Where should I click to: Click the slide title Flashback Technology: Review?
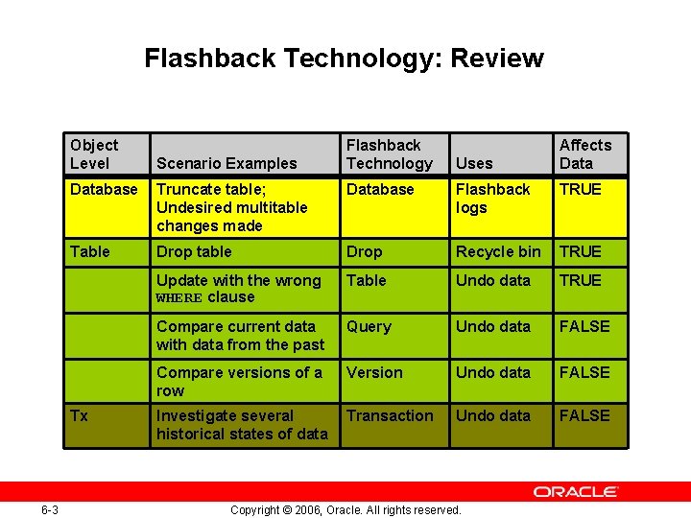tap(344, 59)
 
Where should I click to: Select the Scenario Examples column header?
tap(226, 163)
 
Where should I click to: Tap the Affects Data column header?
tap(584, 153)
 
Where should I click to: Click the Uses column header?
tap(474, 163)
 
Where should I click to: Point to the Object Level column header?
tap(94, 153)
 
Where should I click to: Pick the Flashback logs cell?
tap(492, 199)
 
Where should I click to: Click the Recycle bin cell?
tap(498, 251)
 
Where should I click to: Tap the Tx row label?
tap(79, 415)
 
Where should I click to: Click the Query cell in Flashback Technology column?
tap(369, 326)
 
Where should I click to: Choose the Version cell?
tap(374, 372)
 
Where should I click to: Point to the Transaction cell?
tap(390, 415)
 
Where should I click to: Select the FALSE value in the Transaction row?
tap(584, 415)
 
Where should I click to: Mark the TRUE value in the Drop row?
tap(581, 251)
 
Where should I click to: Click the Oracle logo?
tap(576, 491)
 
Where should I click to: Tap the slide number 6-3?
tap(50, 509)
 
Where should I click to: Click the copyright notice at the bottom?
tap(345, 509)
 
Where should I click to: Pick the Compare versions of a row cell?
tap(239, 381)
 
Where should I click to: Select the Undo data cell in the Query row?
tap(492, 326)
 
